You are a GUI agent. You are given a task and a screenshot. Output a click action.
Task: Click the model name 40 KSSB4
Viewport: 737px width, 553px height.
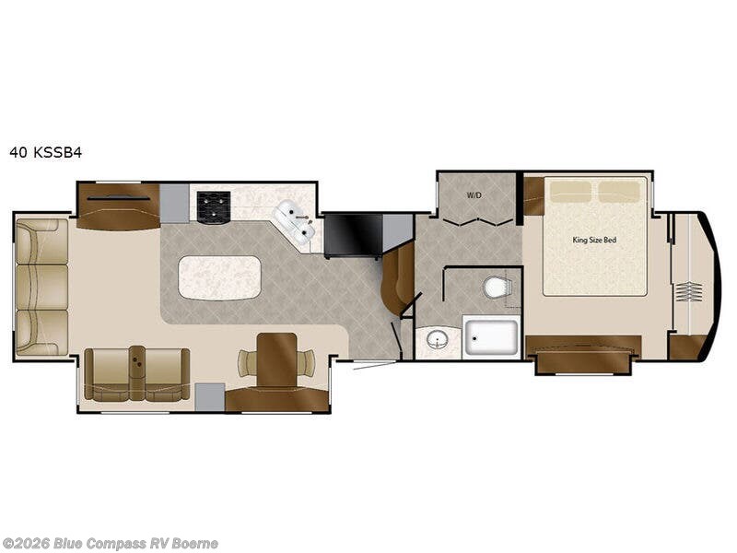(45, 153)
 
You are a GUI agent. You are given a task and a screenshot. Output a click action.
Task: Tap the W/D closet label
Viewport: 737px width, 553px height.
(474, 195)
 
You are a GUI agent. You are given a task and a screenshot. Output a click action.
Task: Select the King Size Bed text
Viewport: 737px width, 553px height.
(593, 240)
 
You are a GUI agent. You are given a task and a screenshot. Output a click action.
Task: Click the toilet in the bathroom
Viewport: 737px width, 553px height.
(497, 288)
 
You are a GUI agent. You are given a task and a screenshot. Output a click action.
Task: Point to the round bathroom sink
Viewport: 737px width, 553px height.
(439, 341)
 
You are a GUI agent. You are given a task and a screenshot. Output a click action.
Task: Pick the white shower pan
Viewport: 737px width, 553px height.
(492, 336)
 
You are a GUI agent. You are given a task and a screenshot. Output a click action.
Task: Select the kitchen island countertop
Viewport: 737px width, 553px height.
(219, 277)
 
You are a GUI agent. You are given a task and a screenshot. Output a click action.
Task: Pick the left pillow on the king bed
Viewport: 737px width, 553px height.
(571, 191)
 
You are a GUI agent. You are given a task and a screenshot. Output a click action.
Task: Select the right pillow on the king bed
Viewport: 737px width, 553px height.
(619, 191)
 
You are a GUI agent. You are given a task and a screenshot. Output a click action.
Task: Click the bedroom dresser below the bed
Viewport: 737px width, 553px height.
(582, 354)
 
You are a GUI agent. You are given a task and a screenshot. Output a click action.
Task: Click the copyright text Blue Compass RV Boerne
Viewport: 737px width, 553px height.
(111, 544)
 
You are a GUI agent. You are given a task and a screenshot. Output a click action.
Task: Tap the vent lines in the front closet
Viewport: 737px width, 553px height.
(689, 292)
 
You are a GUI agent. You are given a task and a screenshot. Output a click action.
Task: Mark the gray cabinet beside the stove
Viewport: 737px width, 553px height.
(174, 203)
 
